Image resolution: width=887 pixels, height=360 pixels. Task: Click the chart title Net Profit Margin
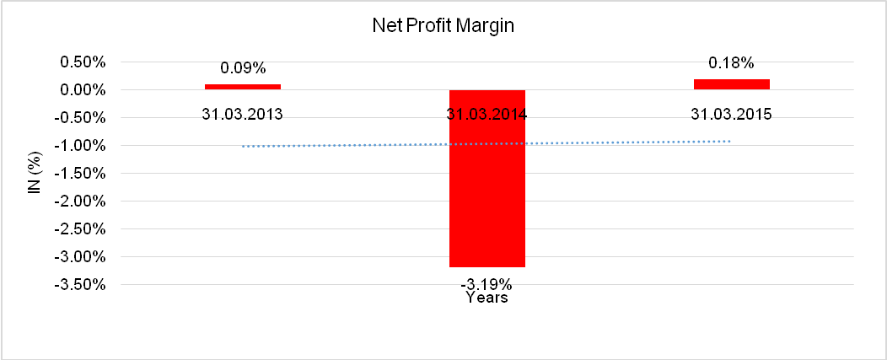click(443, 26)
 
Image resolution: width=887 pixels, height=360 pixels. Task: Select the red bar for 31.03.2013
click(242, 86)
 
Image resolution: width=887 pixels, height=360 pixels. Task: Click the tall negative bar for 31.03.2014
click(487, 178)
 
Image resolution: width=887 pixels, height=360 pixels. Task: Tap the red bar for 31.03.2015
click(731, 83)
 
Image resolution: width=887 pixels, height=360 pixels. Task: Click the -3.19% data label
click(487, 281)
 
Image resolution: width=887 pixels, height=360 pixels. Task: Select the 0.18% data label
click(731, 62)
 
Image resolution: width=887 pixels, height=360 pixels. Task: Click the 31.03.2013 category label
click(242, 114)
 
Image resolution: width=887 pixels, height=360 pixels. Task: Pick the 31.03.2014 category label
click(487, 114)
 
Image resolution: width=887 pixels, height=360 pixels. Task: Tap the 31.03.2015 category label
click(731, 114)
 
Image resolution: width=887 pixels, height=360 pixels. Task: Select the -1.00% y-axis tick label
click(82, 146)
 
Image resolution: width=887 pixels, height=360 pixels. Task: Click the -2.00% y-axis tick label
click(82, 201)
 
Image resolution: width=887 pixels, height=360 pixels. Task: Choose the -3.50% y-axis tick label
click(82, 284)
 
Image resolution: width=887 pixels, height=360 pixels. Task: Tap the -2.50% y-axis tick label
click(82, 229)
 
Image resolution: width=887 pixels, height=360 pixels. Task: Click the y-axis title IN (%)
click(35, 173)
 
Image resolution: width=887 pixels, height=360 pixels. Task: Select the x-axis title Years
click(487, 298)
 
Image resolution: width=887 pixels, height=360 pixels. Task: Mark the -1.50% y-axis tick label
click(82, 174)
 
